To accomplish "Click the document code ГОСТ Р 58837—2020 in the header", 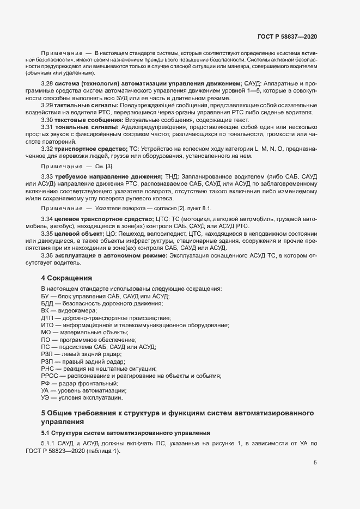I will tap(287, 36).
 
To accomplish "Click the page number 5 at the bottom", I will tap(315, 463).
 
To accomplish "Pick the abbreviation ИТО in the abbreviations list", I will tap(47, 325).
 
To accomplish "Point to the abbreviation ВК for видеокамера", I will tap(46, 310).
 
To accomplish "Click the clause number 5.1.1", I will tap(49, 444).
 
